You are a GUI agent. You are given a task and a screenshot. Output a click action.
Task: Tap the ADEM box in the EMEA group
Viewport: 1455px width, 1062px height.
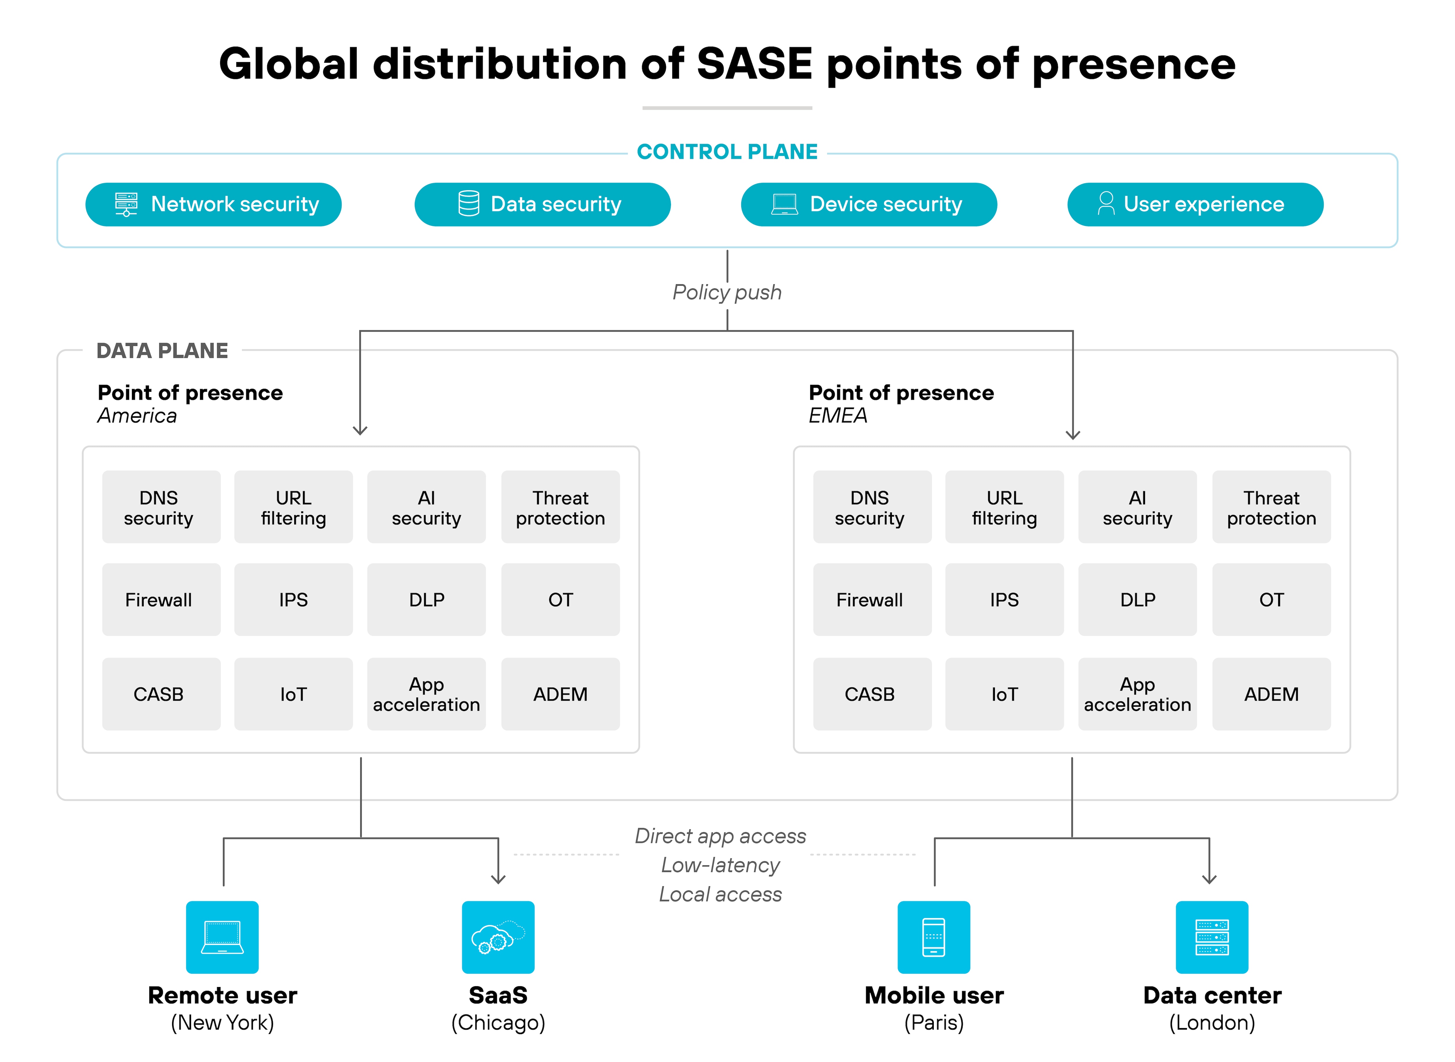[x=1271, y=694]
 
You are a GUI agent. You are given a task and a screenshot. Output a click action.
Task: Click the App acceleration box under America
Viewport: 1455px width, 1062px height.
[x=426, y=694]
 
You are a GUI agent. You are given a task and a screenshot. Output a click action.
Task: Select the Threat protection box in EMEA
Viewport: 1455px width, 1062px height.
[x=1271, y=507]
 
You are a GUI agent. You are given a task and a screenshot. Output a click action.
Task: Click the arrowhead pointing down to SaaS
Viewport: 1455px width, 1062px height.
[x=498, y=878]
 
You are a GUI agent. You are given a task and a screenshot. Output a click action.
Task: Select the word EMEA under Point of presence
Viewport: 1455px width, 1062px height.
[x=838, y=416]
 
